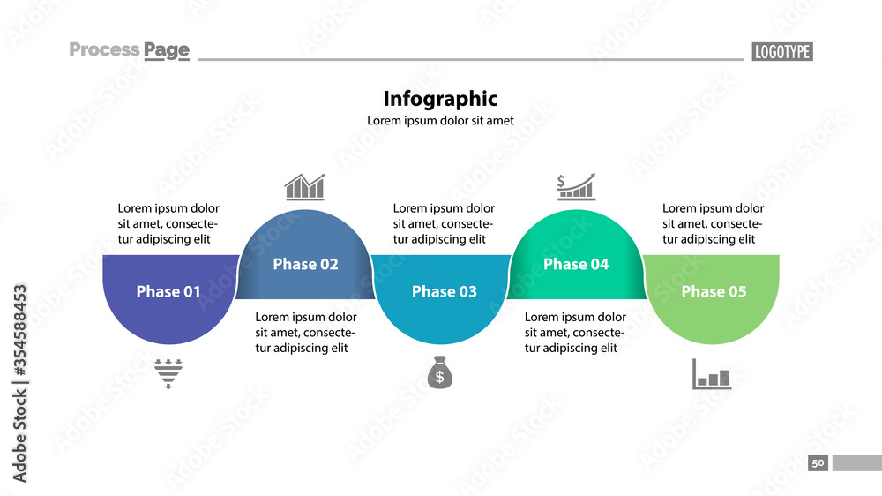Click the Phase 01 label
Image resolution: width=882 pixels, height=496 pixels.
tap(168, 291)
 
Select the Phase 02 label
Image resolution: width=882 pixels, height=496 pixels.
tap(305, 264)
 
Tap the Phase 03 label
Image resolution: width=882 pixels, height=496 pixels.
tap(444, 291)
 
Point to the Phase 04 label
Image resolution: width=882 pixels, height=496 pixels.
tap(576, 264)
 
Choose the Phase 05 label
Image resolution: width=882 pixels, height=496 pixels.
tap(714, 291)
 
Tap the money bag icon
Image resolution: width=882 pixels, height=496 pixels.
tap(440, 373)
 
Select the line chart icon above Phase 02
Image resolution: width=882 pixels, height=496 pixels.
tap(304, 187)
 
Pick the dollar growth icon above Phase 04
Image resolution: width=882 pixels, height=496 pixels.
tap(576, 186)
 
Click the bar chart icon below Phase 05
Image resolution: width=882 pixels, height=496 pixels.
tap(712, 374)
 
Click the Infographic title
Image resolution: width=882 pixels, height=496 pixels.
tap(440, 99)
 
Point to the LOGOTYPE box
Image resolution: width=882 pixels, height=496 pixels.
tap(782, 52)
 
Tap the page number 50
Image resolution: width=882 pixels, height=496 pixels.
tap(818, 462)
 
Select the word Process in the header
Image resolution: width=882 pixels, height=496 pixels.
tap(104, 49)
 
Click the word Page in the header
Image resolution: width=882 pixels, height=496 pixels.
tap(167, 50)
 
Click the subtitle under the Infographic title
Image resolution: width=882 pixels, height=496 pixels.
tap(440, 121)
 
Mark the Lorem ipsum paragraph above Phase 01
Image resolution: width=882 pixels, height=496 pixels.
tap(168, 223)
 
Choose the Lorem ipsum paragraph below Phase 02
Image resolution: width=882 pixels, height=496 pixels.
tap(306, 332)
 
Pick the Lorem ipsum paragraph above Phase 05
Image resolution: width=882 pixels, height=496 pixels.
tap(713, 223)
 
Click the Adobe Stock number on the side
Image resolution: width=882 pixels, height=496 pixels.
tap(20, 383)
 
